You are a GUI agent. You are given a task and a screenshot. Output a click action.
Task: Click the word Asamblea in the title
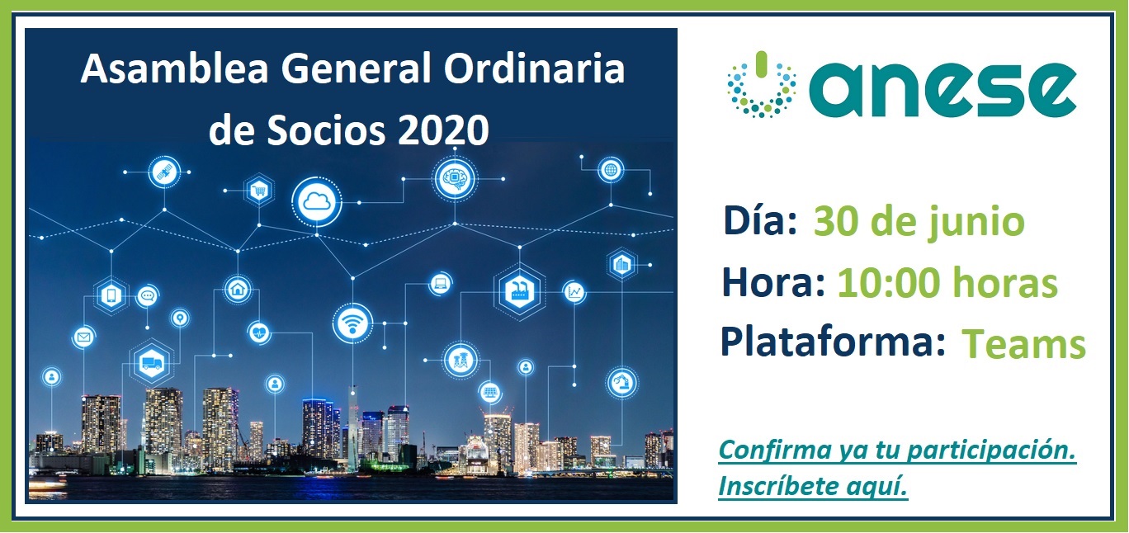174,68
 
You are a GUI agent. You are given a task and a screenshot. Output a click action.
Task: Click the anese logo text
942,90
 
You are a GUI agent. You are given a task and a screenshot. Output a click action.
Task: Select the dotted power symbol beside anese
761,85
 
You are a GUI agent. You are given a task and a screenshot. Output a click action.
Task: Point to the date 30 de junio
919,222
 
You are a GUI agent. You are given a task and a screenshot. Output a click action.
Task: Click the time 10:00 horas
947,283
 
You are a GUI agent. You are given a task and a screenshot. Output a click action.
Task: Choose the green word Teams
1023,345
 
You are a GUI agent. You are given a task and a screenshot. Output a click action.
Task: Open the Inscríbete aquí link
812,486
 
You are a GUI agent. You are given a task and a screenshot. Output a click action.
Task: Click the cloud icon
317,202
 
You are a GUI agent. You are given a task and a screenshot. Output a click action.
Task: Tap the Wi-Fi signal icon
353,323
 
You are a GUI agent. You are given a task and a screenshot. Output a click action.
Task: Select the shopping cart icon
259,191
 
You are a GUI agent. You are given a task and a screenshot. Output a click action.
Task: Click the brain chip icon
455,178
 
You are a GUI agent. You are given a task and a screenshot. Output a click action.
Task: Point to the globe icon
611,170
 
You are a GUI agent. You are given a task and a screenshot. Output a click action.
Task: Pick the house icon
238,289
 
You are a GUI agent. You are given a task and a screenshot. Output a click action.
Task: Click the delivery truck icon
152,363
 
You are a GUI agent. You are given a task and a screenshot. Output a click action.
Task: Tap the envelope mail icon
83,337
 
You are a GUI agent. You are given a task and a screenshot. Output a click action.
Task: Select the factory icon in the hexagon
519,291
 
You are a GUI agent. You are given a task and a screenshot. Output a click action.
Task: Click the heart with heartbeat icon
260,333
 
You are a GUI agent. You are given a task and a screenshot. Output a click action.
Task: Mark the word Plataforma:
833,342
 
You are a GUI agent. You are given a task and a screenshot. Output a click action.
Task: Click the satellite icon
164,172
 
